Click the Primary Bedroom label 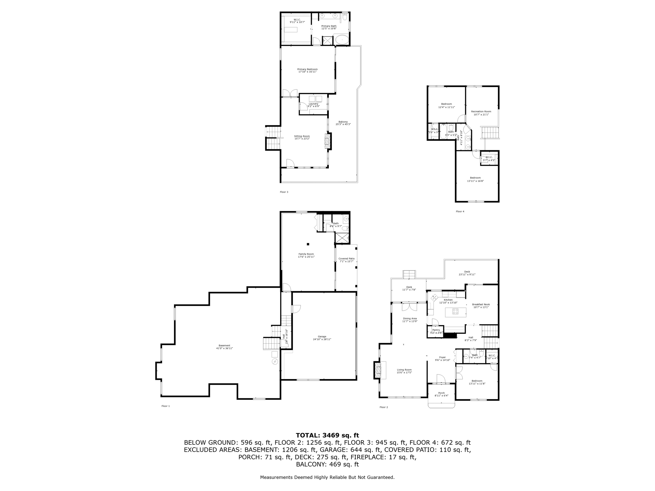[x=307, y=69]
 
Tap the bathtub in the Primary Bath [x=342, y=41]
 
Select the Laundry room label [x=313, y=104]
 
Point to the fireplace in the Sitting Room [x=327, y=141]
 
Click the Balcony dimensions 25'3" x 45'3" [x=343, y=124]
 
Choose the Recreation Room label [x=481, y=112]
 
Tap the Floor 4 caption [x=460, y=212]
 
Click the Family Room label [x=306, y=254]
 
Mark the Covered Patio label [x=346, y=259]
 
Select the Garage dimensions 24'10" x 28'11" [x=322, y=339]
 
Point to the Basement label [x=224, y=346]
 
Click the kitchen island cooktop [x=455, y=311]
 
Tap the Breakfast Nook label [x=481, y=305]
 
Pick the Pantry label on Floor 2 [x=436, y=330]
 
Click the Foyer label [x=442, y=357]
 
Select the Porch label [x=441, y=393]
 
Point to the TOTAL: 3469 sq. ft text [x=327, y=435]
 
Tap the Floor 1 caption [x=166, y=406]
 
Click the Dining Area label [x=410, y=318]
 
